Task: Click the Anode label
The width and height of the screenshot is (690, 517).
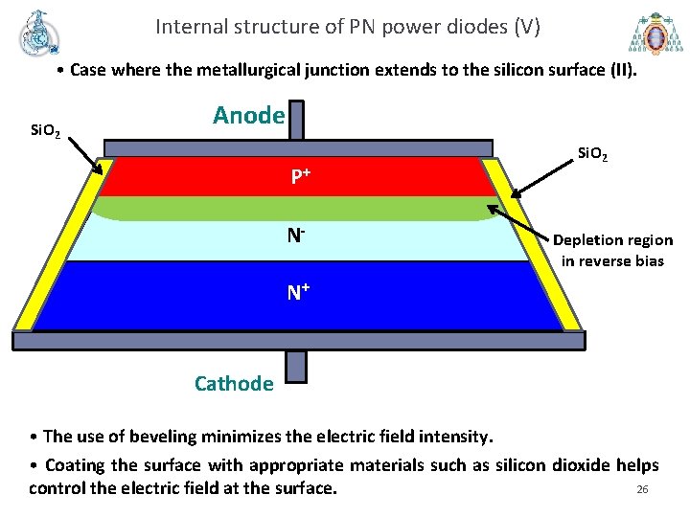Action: pos(248,116)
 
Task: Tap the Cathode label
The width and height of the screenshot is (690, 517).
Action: pos(233,384)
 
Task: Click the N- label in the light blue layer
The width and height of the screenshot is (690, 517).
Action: pos(299,234)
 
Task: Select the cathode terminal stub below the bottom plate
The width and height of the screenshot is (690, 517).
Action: pos(296,366)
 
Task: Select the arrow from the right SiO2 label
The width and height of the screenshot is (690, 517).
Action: pos(540,181)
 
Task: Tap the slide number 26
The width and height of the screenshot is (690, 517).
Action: pos(642,490)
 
